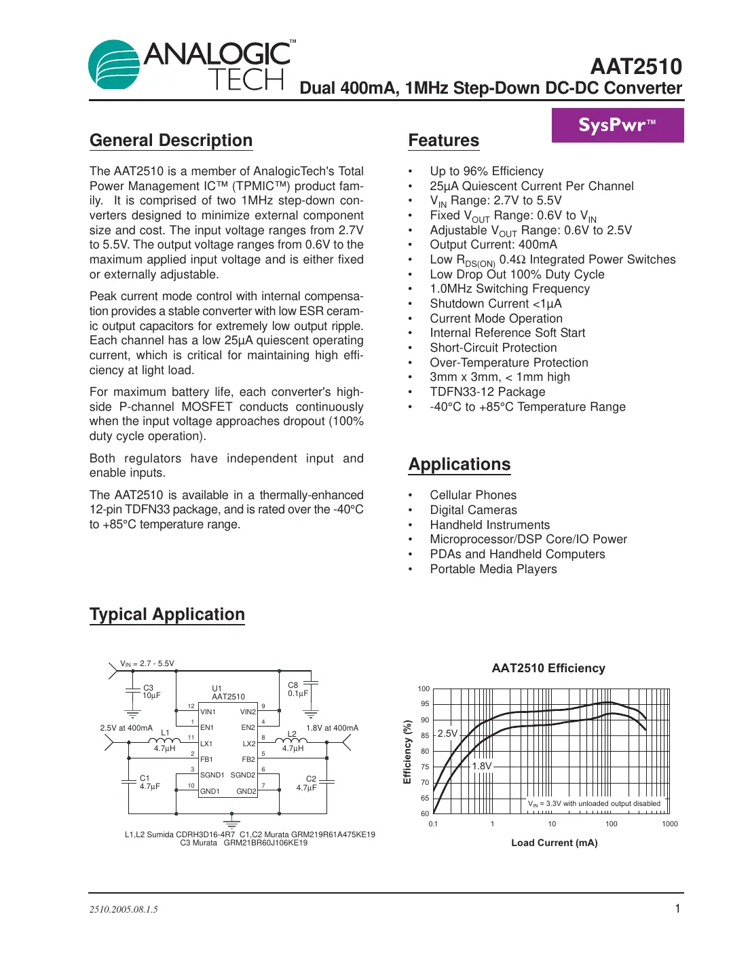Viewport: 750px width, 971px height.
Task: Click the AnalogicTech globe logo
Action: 114,65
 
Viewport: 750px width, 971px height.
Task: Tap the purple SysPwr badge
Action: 617,125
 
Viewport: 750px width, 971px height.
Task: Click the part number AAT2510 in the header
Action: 635,67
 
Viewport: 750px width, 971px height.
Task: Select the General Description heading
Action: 171,141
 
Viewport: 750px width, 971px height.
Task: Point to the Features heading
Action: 443,141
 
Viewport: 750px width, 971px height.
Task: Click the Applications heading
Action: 459,464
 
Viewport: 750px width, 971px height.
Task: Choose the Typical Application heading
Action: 167,615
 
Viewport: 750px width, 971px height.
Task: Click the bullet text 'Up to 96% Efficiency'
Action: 486,171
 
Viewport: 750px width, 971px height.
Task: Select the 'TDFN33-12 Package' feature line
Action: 487,392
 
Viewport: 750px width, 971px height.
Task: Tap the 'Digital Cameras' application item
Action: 473,510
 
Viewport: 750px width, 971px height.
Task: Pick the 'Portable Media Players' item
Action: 493,569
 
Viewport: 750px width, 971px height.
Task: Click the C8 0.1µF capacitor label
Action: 297,689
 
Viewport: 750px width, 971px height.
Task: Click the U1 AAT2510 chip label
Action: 227,693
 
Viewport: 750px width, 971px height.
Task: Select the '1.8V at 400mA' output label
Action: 332,728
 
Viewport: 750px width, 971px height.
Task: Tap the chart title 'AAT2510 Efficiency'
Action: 548,668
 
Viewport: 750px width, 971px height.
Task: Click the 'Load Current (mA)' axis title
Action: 554,843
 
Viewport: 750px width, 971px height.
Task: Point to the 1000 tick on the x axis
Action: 669,824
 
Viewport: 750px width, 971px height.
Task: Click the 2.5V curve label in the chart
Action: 447,733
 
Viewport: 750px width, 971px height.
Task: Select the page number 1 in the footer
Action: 677,909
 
